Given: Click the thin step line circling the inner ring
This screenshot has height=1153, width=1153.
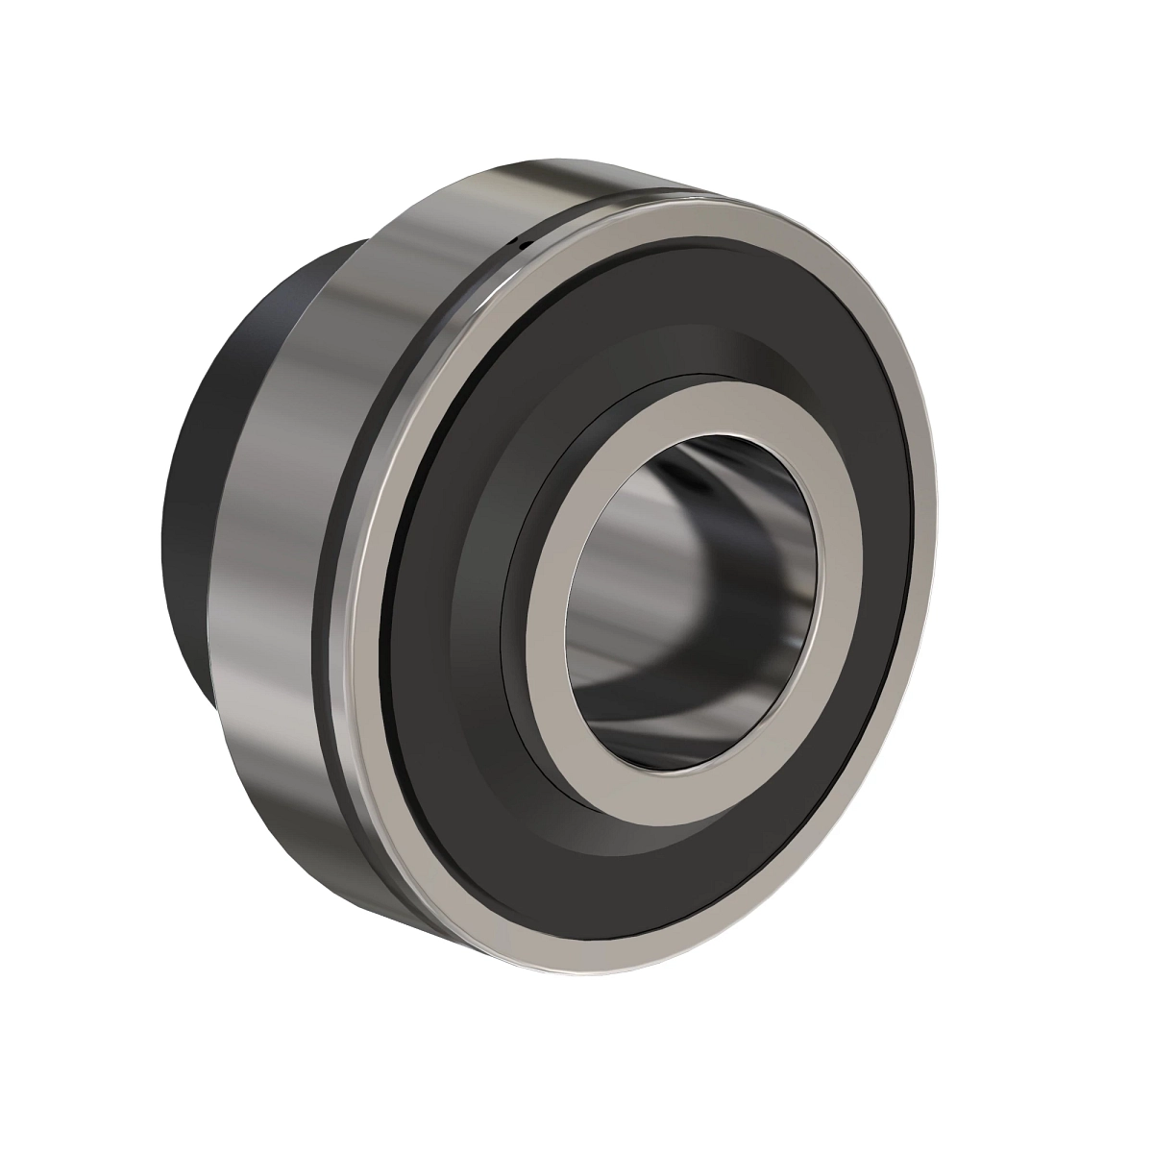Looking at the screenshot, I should tap(519, 596).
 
